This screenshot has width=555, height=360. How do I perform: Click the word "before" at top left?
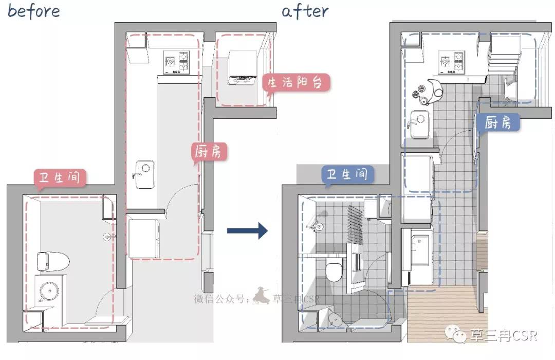(x=33, y=11)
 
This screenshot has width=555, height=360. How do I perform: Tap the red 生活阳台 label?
(x=295, y=83)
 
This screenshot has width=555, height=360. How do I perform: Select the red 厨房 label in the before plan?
(x=208, y=152)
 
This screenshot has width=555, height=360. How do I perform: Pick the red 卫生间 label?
(x=60, y=177)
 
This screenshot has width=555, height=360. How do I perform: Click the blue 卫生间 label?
(x=347, y=174)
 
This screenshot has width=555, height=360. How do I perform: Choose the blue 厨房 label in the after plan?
(x=497, y=122)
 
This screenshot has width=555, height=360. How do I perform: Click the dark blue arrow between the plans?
(x=247, y=231)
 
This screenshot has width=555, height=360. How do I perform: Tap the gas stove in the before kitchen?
(x=176, y=62)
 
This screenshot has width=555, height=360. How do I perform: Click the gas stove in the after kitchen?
(x=451, y=62)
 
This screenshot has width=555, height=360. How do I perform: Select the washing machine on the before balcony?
(x=242, y=68)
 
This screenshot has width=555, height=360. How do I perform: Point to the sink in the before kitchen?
(x=145, y=174)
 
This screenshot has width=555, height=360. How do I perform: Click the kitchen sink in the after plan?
(x=420, y=124)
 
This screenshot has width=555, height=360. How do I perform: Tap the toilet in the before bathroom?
(x=53, y=262)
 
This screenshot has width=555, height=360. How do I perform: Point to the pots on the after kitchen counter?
(x=428, y=93)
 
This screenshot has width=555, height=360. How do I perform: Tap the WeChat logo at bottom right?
(x=456, y=334)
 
